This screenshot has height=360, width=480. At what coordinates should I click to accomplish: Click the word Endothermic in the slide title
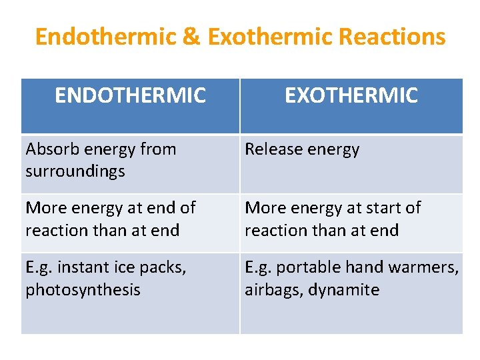click(x=106, y=37)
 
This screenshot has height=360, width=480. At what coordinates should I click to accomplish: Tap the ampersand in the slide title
click(x=191, y=37)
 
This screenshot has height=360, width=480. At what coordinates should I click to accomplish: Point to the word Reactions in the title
click(x=392, y=37)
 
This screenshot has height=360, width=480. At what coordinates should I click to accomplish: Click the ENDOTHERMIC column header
click(x=130, y=96)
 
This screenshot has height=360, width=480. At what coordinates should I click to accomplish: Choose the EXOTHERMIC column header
click(x=351, y=96)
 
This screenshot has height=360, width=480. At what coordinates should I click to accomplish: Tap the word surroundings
click(x=75, y=171)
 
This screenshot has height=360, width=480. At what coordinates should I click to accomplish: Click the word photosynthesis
click(x=83, y=290)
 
